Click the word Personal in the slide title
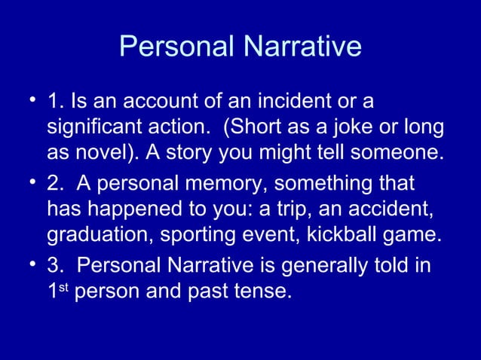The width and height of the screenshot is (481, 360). click(x=177, y=47)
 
